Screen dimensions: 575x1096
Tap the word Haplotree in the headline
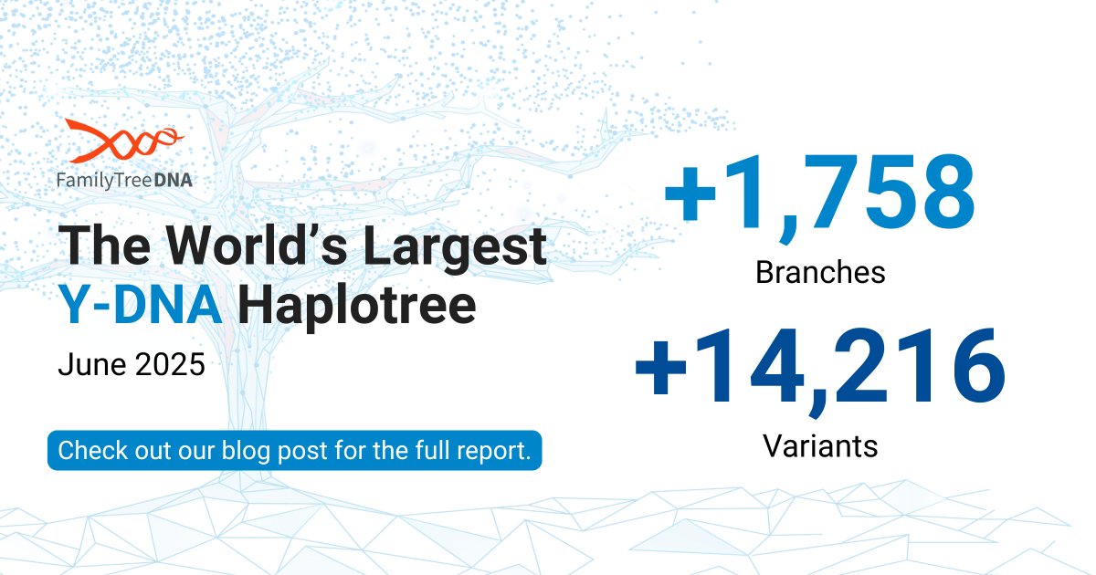357,308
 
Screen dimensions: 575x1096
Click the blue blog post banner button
294,451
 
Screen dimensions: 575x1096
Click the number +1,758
819,194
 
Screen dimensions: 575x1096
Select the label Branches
820,272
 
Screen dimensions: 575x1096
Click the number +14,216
819,368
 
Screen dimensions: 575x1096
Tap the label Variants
819,445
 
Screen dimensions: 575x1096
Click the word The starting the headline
107,247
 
